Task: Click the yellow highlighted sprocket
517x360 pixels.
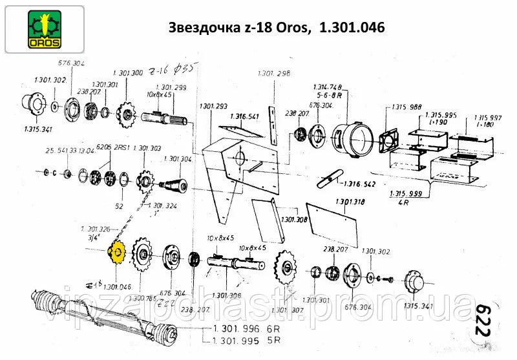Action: tap(118, 255)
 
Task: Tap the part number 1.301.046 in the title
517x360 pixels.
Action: tap(352, 28)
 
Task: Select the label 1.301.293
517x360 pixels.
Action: tap(213, 106)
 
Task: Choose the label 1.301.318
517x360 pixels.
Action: tap(350, 202)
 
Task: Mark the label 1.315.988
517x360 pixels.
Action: tap(406, 107)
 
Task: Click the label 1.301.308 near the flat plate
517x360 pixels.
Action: tap(295, 220)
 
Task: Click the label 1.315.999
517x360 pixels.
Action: tap(406, 195)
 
